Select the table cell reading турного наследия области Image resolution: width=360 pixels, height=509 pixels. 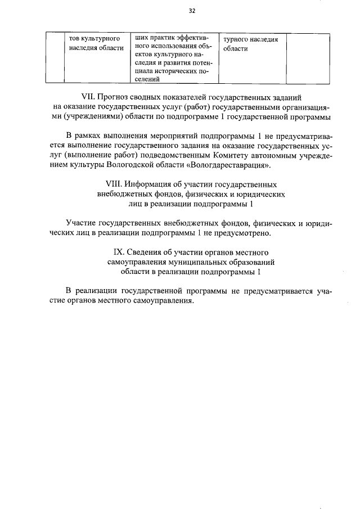click(250, 44)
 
